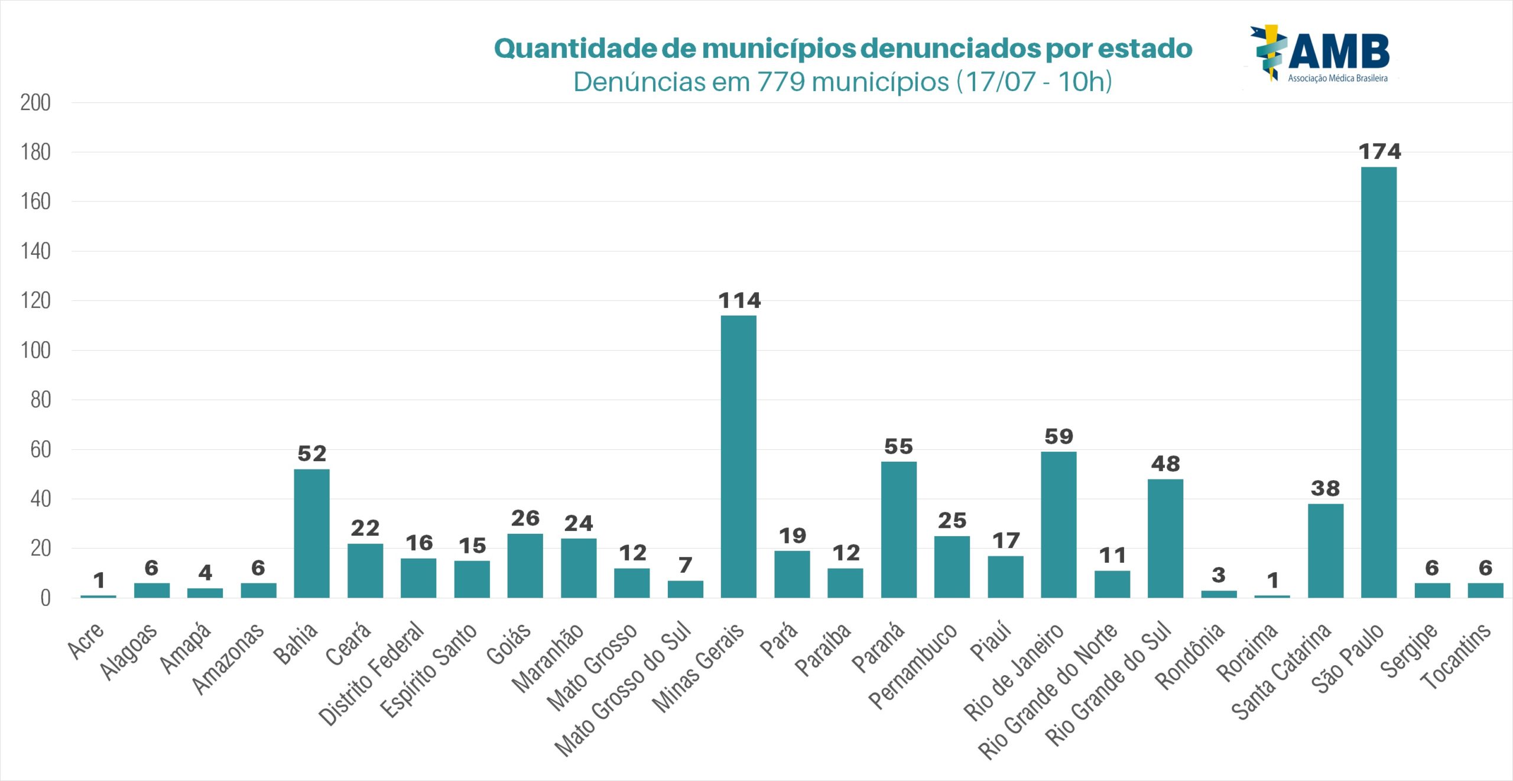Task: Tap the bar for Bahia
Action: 311,533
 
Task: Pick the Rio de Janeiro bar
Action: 1058,524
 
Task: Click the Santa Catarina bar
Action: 1325,550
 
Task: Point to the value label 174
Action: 1379,152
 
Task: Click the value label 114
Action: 739,300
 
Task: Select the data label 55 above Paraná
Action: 898,446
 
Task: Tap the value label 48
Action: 1165,464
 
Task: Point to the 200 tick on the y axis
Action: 35,103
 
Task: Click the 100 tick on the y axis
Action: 35,351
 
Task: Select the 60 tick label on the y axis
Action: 40,450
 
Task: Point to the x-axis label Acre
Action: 86,640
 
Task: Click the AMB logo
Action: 1321,53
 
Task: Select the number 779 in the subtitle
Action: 781,82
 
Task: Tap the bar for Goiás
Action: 525,566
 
